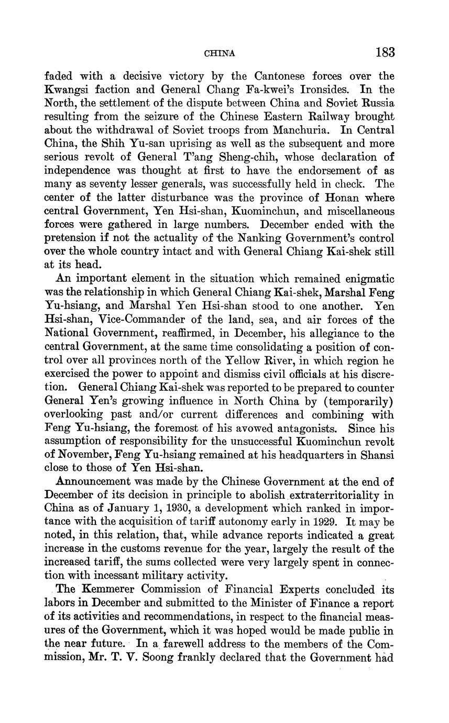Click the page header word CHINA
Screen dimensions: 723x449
pos(219,53)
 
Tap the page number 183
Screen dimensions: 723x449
pos(385,52)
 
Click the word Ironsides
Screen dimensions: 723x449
pos(322,90)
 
